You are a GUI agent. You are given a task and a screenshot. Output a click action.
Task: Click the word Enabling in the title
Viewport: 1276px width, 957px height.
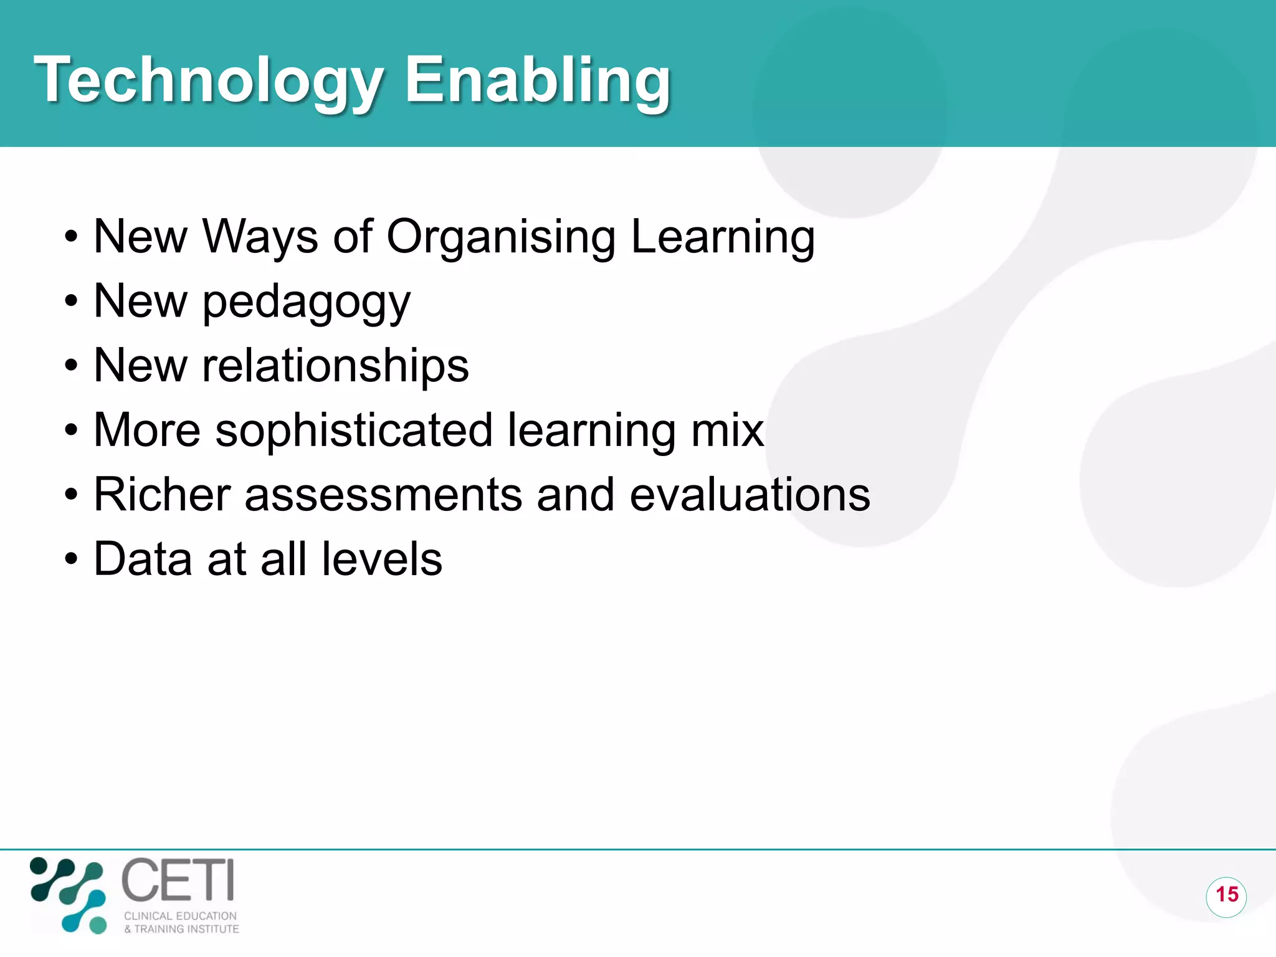(x=537, y=81)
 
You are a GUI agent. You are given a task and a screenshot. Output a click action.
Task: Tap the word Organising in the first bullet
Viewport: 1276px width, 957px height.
(x=501, y=238)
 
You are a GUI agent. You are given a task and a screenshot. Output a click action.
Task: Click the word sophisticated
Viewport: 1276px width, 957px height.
(x=354, y=431)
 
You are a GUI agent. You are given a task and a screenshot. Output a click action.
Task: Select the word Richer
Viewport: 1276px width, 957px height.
(x=162, y=495)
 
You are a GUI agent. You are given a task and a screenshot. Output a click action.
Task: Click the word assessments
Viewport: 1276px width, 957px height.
(x=383, y=496)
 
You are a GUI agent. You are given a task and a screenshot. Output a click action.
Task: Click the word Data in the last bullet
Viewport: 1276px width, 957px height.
(x=143, y=559)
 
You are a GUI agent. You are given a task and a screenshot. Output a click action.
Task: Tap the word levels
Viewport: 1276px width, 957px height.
(x=381, y=559)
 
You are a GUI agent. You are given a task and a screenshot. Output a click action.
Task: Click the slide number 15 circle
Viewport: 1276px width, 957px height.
(x=1226, y=895)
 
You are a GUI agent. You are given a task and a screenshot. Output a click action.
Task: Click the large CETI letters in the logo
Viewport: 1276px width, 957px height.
(x=178, y=880)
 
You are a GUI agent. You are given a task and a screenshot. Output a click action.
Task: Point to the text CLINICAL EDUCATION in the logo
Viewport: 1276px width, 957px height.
(x=180, y=916)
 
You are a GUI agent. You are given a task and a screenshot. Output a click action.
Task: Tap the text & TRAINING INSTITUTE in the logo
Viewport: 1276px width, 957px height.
(x=181, y=929)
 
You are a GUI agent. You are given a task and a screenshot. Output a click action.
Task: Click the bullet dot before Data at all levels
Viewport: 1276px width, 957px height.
(x=71, y=559)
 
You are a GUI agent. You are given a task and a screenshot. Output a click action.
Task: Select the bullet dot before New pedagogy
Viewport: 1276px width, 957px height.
(x=71, y=302)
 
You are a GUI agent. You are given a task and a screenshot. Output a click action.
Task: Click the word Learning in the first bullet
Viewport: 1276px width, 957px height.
(x=723, y=238)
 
